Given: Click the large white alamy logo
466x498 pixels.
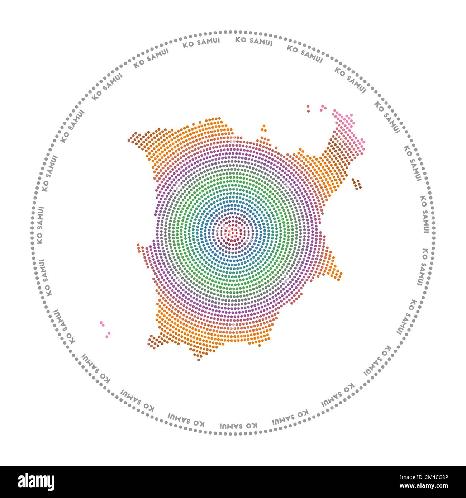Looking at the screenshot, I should pyautogui.click(x=36, y=482).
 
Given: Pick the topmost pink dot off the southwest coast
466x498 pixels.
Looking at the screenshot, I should pyautogui.click(x=101, y=322).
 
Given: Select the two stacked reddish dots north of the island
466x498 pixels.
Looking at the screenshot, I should pyautogui.click(x=308, y=109).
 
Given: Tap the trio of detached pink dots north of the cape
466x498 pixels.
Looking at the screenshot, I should pyautogui.click(x=323, y=108).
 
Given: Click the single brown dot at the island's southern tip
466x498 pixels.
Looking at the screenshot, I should pyautogui.click(x=199, y=359).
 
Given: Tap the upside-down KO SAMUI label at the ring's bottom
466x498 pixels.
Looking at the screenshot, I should pyautogui.click(x=238, y=426).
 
